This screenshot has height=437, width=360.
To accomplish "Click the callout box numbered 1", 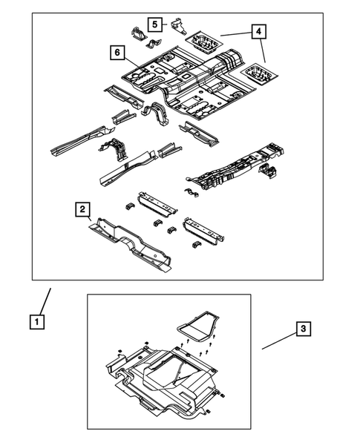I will click(x=36, y=322).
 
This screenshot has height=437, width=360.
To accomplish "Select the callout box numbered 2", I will click(x=83, y=209).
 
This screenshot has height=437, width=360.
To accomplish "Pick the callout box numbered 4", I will click(x=258, y=32).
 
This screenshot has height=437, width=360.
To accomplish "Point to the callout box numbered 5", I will click(x=154, y=24).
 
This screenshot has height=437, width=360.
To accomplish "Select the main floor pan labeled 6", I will click(x=186, y=82).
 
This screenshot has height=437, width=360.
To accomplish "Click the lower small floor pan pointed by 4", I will click(x=255, y=73).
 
